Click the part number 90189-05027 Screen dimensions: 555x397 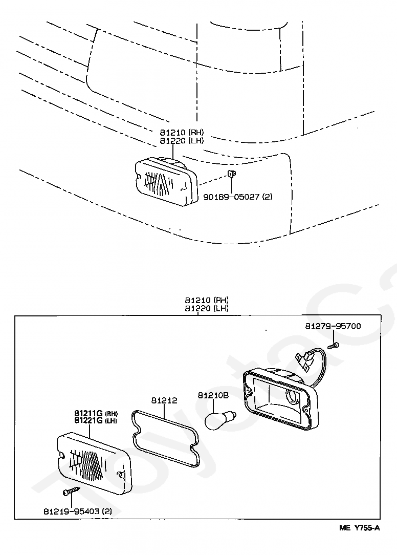[231, 197]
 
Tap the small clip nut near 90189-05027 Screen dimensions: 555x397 [231, 174]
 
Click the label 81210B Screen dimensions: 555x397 [213, 395]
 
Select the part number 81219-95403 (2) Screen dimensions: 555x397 [77, 511]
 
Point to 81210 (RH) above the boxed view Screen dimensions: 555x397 [207, 300]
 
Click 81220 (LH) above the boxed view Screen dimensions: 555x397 [207, 308]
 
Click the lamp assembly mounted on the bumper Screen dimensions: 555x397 [166, 181]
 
